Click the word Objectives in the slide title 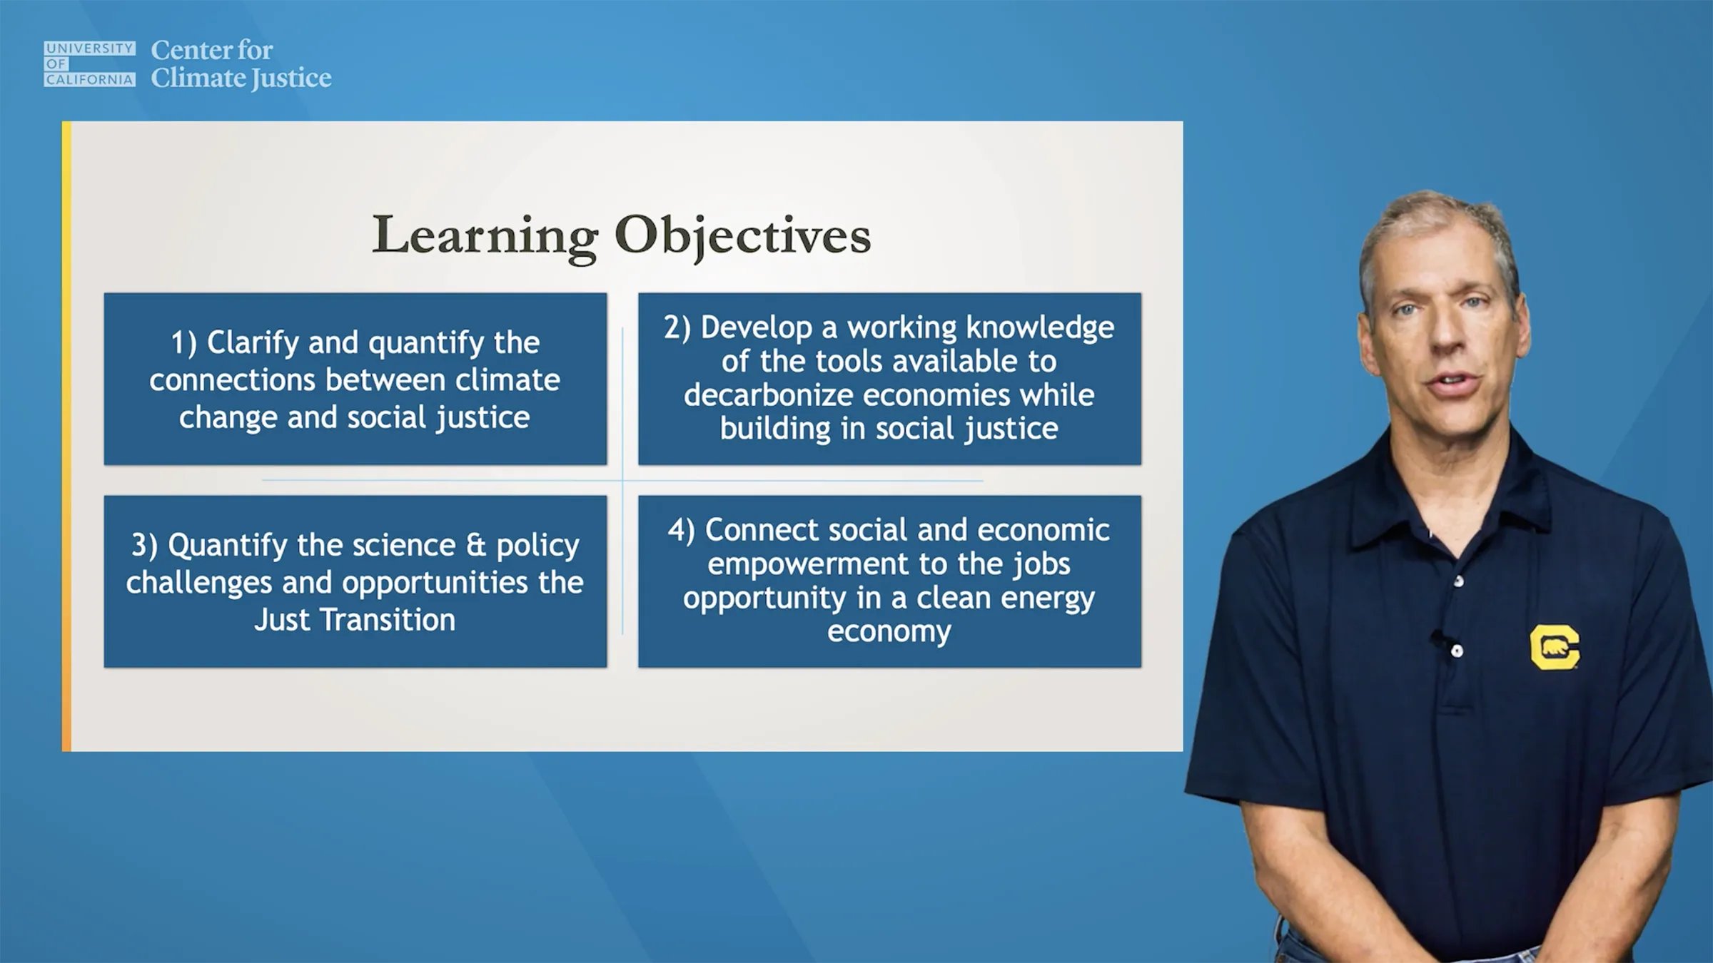(743, 235)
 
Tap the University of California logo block (89, 63)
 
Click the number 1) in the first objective (183, 343)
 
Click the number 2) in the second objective (677, 327)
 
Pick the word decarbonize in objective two (776, 394)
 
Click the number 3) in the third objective (144, 546)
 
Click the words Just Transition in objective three (355, 620)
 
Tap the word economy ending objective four (889, 632)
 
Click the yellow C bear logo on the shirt (1555, 647)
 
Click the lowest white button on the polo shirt (1457, 651)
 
